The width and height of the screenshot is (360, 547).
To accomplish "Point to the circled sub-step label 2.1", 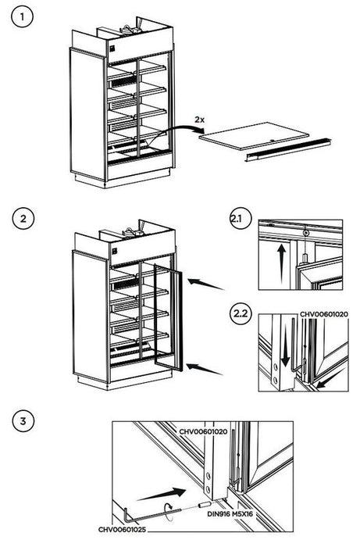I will pyautogui.click(x=237, y=218).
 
